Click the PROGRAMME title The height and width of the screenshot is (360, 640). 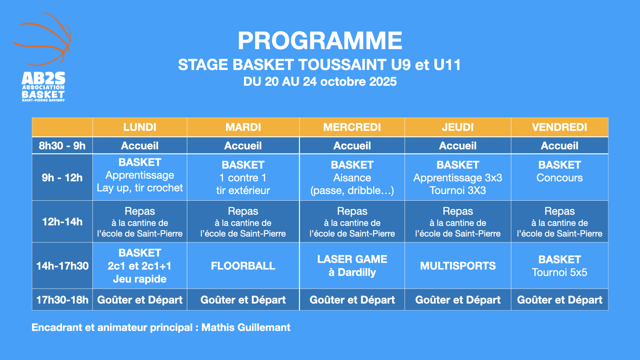point(320,40)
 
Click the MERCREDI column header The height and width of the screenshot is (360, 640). point(352,127)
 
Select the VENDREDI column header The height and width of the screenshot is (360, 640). point(560,127)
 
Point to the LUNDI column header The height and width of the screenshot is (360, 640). point(140,127)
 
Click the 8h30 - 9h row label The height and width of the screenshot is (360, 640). point(62,146)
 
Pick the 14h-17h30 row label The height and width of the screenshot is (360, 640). point(62,266)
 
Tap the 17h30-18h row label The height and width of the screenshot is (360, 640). point(62,300)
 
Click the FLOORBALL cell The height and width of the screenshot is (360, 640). point(243,266)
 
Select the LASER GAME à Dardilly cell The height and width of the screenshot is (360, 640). point(352,266)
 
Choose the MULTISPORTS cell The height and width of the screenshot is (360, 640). point(458,266)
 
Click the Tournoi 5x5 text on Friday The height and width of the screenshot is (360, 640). point(560,272)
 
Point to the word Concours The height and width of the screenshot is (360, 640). point(560,178)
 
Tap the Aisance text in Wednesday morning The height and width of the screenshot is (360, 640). point(352,178)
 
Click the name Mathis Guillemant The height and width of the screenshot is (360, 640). point(246,328)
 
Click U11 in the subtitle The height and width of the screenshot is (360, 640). point(447,64)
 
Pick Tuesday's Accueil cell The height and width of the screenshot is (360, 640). point(243,146)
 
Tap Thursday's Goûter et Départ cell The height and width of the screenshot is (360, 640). point(458,300)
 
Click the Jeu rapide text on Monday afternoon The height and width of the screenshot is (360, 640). point(140,279)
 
